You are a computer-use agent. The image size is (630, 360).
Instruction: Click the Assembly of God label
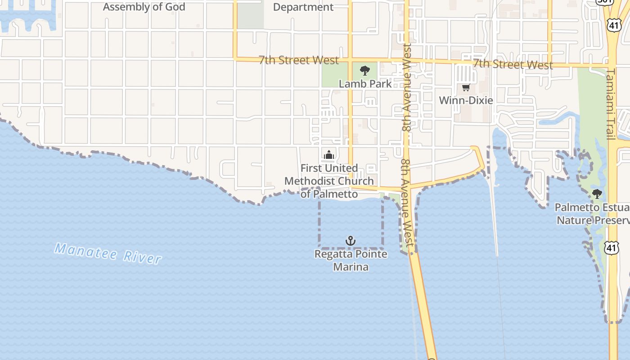pyautogui.click(x=144, y=7)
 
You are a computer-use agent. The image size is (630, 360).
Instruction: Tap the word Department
pyautogui.click(x=303, y=7)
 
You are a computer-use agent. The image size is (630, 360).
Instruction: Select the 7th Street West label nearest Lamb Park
pyautogui.click(x=299, y=60)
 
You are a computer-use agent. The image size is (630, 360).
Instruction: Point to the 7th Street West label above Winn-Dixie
pyautogui.click(x=513, y=64)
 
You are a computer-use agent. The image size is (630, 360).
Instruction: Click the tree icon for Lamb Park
pyautogui.click(x=365, y=70)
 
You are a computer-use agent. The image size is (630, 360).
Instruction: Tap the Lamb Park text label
pyautogui.click(x=365, y=84)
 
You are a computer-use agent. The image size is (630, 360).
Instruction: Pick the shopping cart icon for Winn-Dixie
pyautogui.click(x=466, y=87)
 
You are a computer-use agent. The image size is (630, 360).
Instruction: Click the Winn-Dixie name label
pyautogui.click(x=466, y=100)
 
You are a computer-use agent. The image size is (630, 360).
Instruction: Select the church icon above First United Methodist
pyautogui.click(x=329, y=156)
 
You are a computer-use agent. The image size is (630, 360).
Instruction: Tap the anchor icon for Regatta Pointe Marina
pyautogui.click(x=351, y=241)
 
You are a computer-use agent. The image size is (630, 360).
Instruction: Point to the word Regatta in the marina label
pyautogui.click(x=333, y=254)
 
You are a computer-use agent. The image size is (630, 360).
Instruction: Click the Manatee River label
pyautogui.click(x=108, y=253)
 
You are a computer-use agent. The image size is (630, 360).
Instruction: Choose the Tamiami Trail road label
pyautogui.click(x=611, y=104)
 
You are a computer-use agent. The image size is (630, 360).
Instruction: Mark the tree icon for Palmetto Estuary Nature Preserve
pyautogui.click(x=597, y=194)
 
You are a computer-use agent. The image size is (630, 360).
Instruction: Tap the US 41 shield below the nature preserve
pyautogui.click(x=612, y=247)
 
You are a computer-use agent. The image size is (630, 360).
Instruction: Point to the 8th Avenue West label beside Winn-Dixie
pyautogui.click(x=407, y=88)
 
